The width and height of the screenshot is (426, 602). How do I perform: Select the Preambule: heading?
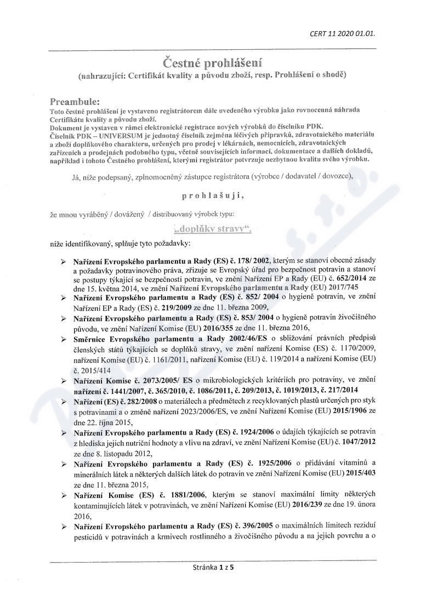[x=75, y=101]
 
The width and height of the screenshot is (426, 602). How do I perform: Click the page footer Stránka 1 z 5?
[x=213, y=568]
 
